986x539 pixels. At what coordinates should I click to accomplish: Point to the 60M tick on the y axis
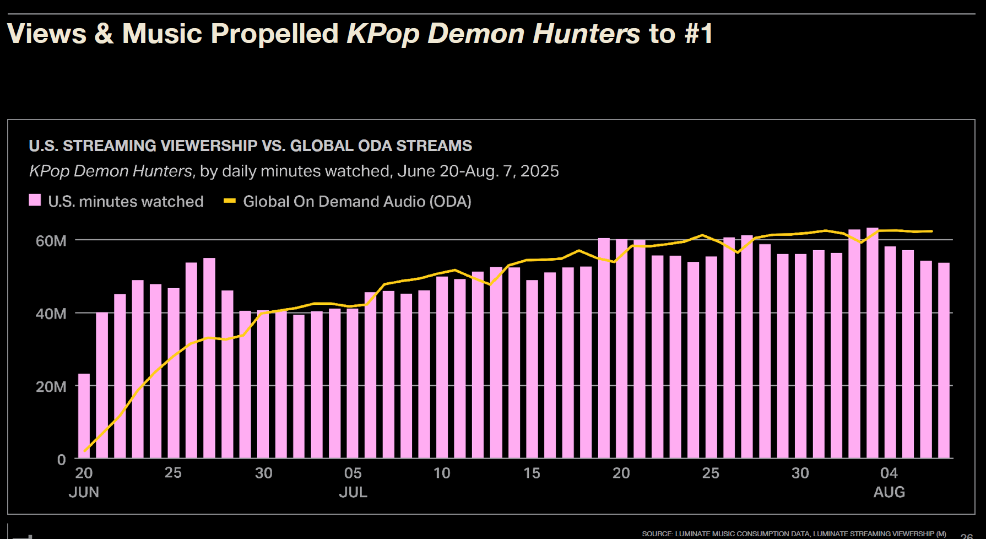coord(51,241)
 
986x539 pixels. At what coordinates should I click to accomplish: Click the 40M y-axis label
coord(51,314)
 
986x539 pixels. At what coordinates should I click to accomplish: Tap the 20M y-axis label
coord(51,387)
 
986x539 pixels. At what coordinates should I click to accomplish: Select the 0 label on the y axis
coord(61,460)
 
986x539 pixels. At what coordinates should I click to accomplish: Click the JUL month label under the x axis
coord(353,492)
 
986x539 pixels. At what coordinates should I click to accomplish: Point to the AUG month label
coord(889,492)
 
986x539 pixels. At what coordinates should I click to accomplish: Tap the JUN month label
coord(84,492)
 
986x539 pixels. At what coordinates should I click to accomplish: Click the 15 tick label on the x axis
coord(532,473)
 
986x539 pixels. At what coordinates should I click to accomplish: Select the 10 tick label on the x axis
coord(442,473)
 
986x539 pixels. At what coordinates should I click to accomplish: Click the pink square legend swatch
coord(35,200)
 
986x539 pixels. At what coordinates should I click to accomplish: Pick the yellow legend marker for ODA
coord(230,201)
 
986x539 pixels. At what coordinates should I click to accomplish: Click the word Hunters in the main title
coord(586,34)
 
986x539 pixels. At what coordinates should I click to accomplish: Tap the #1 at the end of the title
coord(698,34)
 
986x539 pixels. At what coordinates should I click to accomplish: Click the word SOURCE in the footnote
coord(657,533)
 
